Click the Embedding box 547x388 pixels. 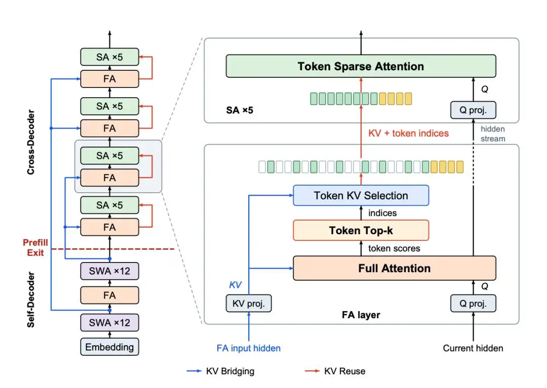[x=109, y=347]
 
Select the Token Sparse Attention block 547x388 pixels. [x=361, y=66]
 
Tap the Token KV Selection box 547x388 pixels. [x=361, y=195]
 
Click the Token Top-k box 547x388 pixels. [x=361, y=230]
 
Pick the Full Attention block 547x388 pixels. [x=394, y=268]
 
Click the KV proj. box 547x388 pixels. [x=249, y=304]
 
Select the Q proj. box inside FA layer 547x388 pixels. [x=473, y=304]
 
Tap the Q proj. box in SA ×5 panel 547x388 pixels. [x=473, y=110]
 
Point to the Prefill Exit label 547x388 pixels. [x=35, y=248]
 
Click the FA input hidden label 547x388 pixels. [x=248, y=349]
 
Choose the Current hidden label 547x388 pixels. [x=473, y=349]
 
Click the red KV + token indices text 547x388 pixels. [x=409, y=134]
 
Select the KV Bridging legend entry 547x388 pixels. [x=220, y=371]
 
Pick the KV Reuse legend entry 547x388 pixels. [x=335, y=371]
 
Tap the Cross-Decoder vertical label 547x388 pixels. [x=31, y=142]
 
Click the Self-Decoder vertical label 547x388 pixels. [x=31, y=299]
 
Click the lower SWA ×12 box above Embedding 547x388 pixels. [x=109, y=323]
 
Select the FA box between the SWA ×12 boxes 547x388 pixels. [x=109, y=295]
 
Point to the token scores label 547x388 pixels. [x=394, y=248]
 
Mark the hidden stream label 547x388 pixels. [x=493, y=134]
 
